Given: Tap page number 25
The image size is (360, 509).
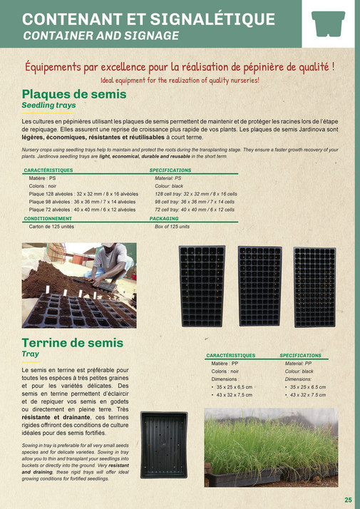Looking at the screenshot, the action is coord(348,500).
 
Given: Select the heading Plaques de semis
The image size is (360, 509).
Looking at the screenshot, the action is coord(74,94).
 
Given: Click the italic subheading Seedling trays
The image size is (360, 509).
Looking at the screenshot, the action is coord(48,105).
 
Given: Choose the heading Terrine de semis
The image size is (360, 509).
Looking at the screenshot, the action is coord(73,343).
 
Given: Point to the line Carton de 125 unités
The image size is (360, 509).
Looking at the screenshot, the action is coord(51,226).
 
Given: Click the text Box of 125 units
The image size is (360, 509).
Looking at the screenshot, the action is coord(173,226).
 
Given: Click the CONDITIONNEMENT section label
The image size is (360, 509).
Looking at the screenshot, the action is coord(53,218).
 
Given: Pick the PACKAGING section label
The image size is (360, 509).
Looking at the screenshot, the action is coord(164,218).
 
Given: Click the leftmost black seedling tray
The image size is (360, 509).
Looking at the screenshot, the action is coord(202,286).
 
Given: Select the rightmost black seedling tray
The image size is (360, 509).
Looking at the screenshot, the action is coord(314,286).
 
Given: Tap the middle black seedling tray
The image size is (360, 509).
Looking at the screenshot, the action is coord(259,286).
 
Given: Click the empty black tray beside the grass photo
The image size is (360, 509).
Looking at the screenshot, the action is coord(164,444).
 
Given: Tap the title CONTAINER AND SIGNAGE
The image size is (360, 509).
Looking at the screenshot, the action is coord(101,34).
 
